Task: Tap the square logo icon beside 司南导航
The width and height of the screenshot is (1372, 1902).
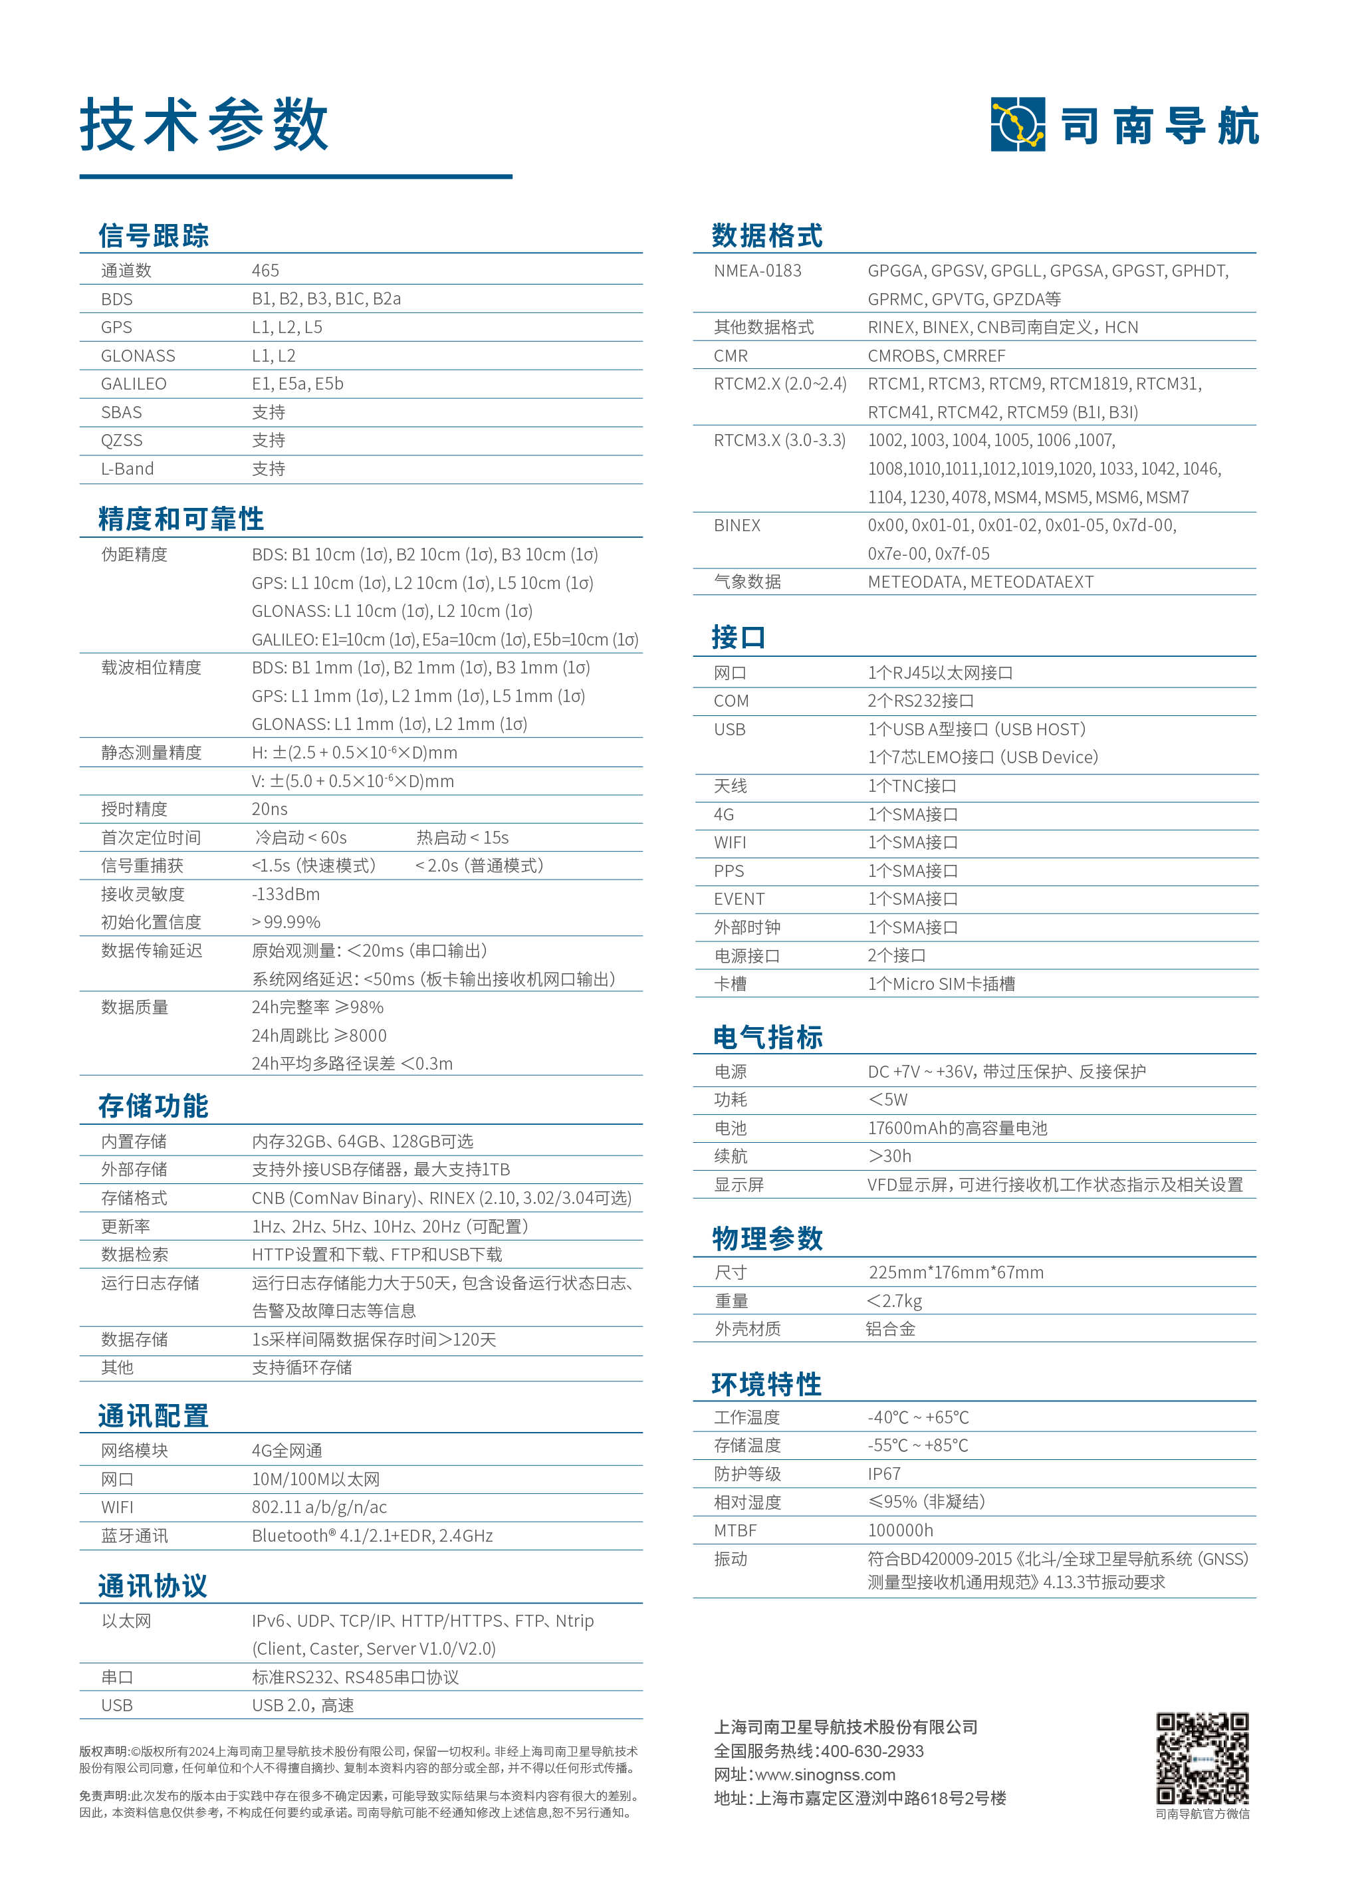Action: tap(1017, 124)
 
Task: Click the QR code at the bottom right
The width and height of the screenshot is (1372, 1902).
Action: tap(1202, 1758)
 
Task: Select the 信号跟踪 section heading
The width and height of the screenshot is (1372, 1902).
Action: tap(154, 235)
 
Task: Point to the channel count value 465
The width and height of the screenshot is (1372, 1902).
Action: tap(265, 270)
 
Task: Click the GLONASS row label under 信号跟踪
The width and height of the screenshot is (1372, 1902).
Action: tap(138, 356)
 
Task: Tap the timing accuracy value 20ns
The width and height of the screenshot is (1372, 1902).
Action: tap(269, 808)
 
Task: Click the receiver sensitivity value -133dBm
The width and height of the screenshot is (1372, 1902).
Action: tap(285, 894)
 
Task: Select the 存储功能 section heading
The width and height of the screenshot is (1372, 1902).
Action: tap(154, 1106)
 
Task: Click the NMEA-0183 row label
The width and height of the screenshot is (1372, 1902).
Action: tap(757, 270)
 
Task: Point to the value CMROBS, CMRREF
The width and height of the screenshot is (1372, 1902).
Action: tap(936, 356)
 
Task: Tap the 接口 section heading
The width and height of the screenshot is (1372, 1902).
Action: tap(738, 638)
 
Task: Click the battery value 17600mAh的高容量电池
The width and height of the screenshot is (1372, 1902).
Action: tap(957, 1128)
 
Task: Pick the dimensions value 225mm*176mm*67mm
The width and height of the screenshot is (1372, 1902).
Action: tap(956, 1272)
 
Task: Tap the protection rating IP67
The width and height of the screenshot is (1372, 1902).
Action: tap(884, 1473)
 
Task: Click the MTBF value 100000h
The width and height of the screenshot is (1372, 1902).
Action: tap(900, 1530)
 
